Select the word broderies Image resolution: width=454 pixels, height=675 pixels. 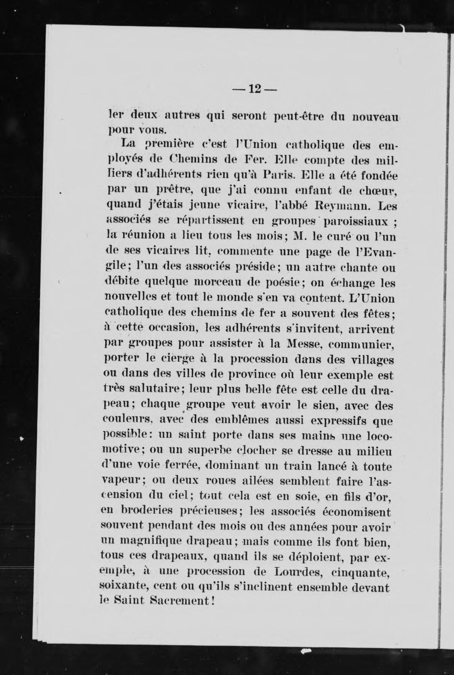point(149,512)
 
